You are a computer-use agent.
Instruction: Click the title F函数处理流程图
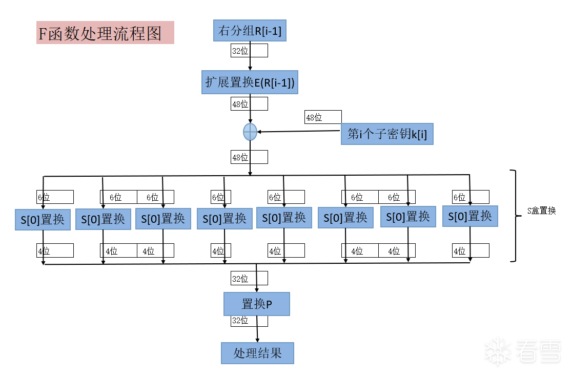[105, 33]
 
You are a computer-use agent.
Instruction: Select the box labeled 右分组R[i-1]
[250, 31]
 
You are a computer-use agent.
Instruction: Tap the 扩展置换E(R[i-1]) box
[250, 82]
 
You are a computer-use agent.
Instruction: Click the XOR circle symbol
[250, 132]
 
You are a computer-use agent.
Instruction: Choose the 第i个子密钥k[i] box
[387, 135]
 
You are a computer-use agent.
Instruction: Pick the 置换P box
[257, 304]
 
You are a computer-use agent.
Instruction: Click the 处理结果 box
[257, 353]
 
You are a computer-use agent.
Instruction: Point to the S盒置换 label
[541, 211]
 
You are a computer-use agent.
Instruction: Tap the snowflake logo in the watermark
[498, 351]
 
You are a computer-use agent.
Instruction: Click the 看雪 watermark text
[539, 351]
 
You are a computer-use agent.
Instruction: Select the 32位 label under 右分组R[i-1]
[240, 51]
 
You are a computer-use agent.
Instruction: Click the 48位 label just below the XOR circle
[240, 157]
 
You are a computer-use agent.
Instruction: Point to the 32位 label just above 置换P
[240, 279]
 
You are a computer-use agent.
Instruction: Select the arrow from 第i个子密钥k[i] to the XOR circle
[299, 131]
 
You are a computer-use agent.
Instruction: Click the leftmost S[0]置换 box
[43, 220]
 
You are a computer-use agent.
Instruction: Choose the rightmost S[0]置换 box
[470, 216]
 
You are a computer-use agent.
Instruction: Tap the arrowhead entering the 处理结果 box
[257, 340]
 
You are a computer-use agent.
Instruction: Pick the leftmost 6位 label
[44, 197]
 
